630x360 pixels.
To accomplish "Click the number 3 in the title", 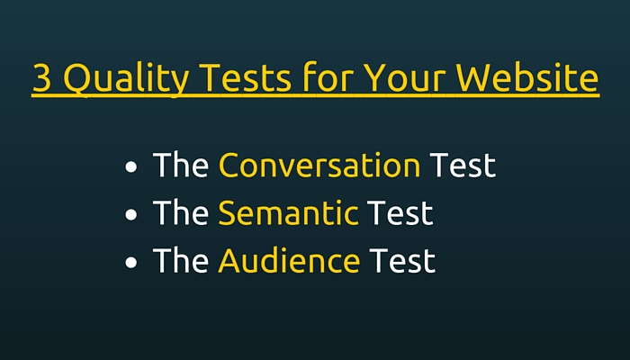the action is [42, 78].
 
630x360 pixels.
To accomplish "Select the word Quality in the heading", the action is [126, 79].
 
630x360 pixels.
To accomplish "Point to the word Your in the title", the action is [404, 78].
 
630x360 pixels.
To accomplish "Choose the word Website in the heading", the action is [527, 76].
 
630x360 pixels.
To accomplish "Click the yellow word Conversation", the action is [319, 165].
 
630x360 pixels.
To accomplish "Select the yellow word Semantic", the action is [288, 212].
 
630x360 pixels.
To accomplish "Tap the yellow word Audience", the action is [289, 260].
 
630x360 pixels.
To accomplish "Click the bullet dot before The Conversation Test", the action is [131, 166].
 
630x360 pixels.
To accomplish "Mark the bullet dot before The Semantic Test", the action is [131, 214].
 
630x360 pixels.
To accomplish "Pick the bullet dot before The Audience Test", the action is [131, 263].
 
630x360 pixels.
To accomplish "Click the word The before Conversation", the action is [181, 164].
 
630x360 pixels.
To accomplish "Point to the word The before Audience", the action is [181, 259].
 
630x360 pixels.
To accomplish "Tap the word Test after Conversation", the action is [463, 165].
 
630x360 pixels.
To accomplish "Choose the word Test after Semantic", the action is [400, 212].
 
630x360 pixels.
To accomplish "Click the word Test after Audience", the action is [402, 260].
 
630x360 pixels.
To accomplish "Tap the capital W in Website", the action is [473, 78].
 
